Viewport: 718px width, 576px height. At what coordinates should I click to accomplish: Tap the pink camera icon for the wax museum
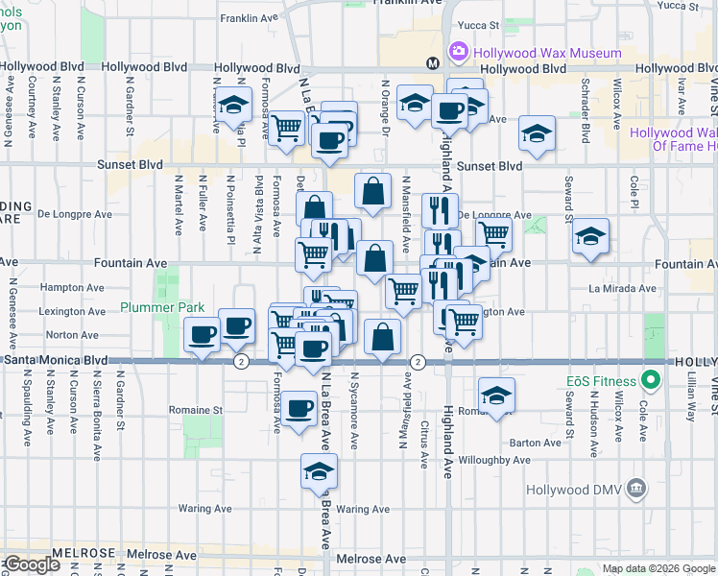pos(457,50)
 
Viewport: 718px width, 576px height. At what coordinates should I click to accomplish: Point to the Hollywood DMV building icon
pos(634,490)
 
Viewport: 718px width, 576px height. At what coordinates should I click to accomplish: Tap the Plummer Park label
pos(162,307)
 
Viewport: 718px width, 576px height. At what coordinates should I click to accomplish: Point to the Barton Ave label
pos(536,443)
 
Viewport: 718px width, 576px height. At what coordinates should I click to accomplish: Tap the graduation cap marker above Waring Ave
pos(320,470)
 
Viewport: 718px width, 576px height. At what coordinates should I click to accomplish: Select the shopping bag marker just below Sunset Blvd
pos(372,190)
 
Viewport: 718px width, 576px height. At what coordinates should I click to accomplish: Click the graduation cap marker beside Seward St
pos(591,236)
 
